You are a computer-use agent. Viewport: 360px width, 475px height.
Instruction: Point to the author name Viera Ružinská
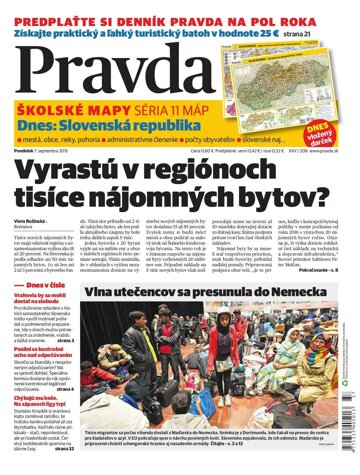(26, 215)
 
